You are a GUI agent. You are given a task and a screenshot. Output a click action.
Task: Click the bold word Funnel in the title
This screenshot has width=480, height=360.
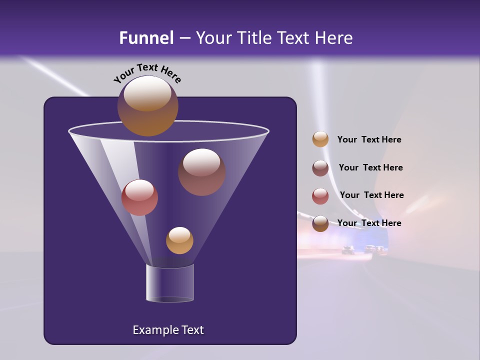click(x=146, y=38)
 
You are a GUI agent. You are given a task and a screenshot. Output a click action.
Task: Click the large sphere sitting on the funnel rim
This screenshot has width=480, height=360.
click(x=147, y=105)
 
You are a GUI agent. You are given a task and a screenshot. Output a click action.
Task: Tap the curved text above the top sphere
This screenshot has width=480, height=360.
click(x=147, y=74)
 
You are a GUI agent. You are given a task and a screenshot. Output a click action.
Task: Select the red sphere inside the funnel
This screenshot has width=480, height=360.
click(x=139, y=197)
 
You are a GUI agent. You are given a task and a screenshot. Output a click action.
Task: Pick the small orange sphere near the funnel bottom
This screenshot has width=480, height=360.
click(x=179, y=240)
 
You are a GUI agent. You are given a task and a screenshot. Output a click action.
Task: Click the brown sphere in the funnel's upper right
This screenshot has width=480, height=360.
click(x=201, y=172)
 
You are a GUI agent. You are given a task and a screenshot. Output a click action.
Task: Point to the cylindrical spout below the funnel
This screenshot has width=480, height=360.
click(x=170, y=283)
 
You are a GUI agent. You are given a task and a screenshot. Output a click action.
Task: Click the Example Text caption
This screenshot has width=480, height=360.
click(x=168, y=330)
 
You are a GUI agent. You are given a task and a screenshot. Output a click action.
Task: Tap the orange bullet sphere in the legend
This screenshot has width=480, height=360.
click(x=320, y=139)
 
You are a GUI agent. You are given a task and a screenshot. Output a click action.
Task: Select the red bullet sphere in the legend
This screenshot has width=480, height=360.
click(x=320, y=195)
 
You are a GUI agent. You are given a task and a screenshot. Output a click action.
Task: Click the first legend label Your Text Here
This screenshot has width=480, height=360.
click(x=369, y=140)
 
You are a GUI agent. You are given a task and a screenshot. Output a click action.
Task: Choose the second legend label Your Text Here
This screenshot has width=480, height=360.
click(x=370, y=167)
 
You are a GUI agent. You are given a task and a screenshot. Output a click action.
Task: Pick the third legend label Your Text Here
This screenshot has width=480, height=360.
click(x=371, y=195)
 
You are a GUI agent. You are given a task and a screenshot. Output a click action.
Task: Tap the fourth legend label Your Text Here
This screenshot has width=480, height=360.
click(x=369, y=223)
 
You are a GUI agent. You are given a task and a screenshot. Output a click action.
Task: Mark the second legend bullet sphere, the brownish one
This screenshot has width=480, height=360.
click(x=320, y=168)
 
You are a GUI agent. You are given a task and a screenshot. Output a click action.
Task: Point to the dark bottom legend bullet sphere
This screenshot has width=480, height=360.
click(x=320, y=223)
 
